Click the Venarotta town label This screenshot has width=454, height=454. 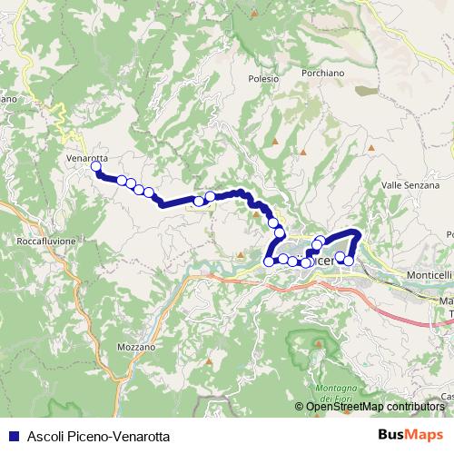[87, 157]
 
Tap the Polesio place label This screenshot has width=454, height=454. [262, 79]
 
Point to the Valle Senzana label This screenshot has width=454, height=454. [404, 184]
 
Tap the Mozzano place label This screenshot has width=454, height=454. [136, 347]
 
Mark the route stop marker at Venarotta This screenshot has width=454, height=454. [95, 166]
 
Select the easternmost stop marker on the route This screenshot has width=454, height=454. [349, 261]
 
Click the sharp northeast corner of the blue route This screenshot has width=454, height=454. [359, 234]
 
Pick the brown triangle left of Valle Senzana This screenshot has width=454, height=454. [370, 147]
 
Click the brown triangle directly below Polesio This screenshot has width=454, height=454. [274, 142]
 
